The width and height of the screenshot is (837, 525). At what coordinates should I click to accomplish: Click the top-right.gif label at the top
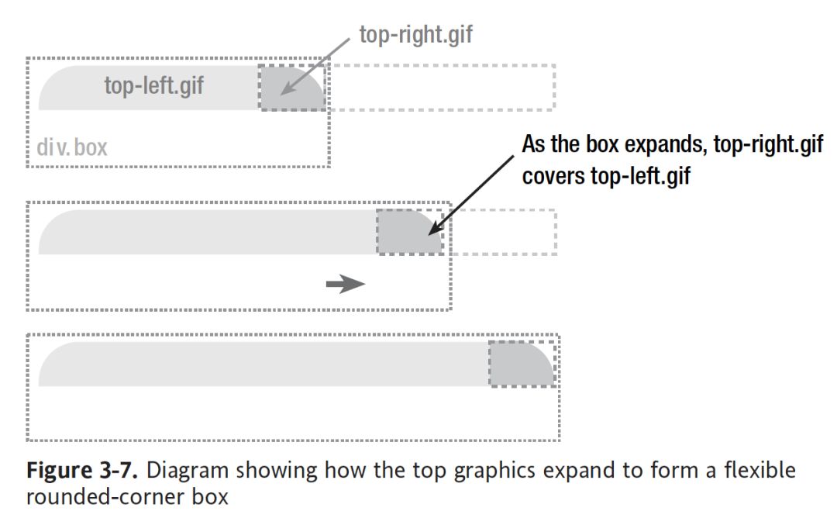click(x=415, y=35)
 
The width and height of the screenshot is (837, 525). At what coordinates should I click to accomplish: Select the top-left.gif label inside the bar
click(x=154, y=85)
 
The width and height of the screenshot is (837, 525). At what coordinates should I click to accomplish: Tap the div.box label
click(x=71, y=147)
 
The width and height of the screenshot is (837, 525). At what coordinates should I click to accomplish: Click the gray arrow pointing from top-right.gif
click(x=313, y=67)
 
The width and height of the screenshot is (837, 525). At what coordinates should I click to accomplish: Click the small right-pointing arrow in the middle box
click(x=346, y=285)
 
